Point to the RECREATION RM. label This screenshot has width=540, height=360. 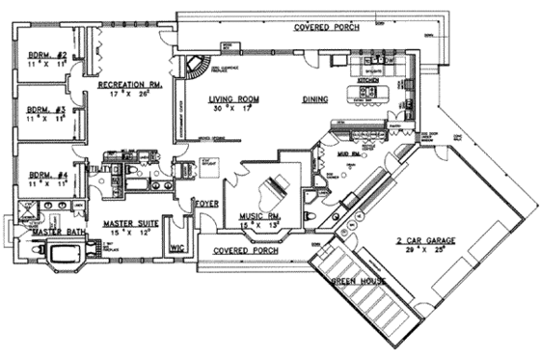point(128,85)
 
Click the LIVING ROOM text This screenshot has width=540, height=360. point(237,98)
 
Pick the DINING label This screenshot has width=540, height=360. point(315,98)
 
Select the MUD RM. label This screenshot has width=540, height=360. point(348,152)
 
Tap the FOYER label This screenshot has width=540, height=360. point(206,204)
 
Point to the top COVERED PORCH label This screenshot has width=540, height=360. point(327,27)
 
